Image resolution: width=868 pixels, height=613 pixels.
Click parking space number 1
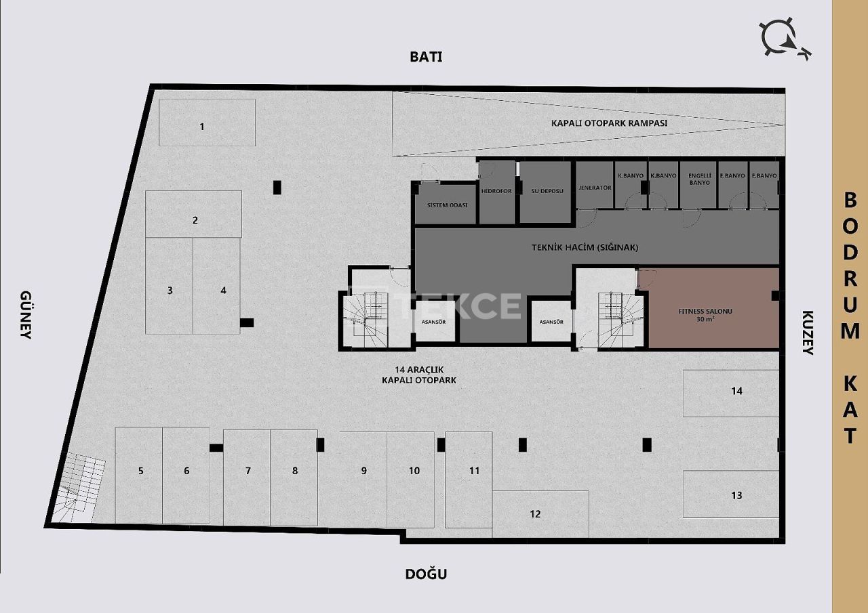pos(207,123)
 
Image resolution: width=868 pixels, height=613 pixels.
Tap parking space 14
pos(731,393)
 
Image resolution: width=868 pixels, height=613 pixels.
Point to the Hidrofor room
pos(496,192)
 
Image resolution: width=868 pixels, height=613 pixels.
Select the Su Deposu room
pos(547,192)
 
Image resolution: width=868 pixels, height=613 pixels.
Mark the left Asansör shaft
pos(434,322)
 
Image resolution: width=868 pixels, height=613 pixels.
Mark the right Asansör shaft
pos(551,322)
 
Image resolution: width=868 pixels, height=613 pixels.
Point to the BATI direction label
pos(426,57)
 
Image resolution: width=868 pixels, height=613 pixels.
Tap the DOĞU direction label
pos(426,574)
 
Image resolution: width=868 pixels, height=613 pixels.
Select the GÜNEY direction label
pos(26,315)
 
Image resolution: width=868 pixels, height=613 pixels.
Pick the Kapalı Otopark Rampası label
pos(609,123)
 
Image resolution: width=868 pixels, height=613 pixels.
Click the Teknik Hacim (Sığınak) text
pos(585,247)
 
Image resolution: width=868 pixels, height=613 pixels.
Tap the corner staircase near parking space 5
pos(78,488)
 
